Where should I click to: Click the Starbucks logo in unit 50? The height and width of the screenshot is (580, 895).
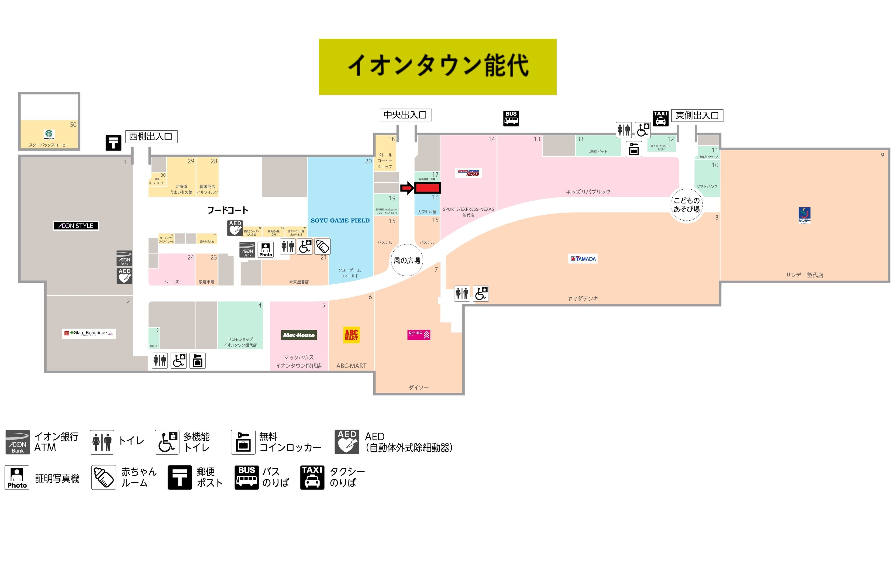pos(49,134)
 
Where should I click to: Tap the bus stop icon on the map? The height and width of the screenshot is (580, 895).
pos(511,118)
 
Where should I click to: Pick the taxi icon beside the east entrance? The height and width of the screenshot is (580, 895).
pos(660,118)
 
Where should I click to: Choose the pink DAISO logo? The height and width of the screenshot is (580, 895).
pos(419,335)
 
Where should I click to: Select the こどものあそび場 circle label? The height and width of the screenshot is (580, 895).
pos(687,205)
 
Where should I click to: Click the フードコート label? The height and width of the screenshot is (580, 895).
pos(228,210)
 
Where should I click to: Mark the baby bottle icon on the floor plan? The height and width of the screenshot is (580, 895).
pos(322,247)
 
